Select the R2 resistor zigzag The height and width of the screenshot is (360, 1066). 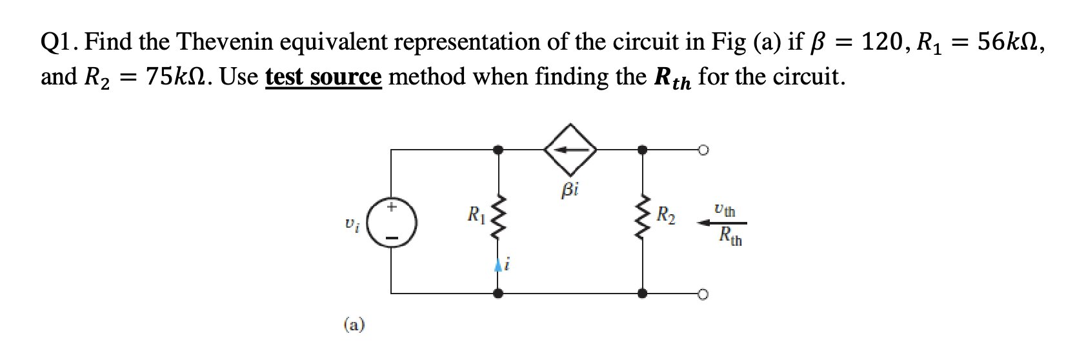coord(642,221)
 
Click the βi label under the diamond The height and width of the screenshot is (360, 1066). coord(570,189)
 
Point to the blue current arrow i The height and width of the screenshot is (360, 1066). coord(498,265)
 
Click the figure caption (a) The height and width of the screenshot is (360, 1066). coord(353,325)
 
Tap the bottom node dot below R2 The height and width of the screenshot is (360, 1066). coord(642,294)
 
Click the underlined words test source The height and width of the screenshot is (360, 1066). coord(324,77)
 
